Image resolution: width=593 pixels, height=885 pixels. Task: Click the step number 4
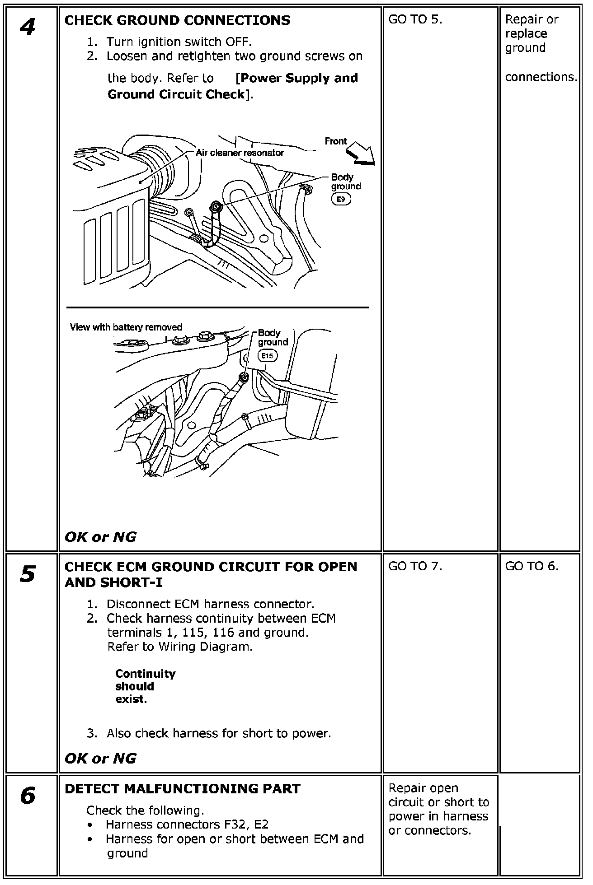point(28,28)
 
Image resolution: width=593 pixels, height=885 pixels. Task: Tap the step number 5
point(28,575)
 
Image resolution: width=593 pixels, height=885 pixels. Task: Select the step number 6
point(28,796)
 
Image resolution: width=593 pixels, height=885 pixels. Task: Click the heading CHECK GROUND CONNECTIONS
point(177,20)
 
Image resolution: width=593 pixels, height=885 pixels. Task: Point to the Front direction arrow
point(361,153)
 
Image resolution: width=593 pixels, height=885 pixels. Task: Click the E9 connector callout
point(341,199)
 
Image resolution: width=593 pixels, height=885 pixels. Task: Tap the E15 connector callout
point(268,356)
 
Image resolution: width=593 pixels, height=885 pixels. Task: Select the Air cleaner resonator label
point(240,153)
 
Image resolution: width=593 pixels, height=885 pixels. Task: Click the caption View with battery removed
point(126,327)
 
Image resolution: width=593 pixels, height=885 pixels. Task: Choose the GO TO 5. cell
point(415,19)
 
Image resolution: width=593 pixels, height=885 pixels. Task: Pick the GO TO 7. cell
point(415,566)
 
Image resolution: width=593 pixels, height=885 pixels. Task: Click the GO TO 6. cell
point(532,566)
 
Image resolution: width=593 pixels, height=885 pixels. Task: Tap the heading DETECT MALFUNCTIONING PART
point(183,788)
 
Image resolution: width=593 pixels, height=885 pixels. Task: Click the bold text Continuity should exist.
point(145,686)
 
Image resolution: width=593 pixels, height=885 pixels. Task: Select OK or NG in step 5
point(100,758)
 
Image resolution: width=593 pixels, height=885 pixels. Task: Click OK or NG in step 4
point(100,537)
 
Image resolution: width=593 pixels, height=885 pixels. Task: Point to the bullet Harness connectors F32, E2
point(187,824)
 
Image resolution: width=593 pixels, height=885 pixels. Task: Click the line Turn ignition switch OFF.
point(179,42)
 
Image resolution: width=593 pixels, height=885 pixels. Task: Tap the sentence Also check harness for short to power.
point(219,733)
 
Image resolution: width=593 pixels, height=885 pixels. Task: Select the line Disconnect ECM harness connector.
point(210,604)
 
